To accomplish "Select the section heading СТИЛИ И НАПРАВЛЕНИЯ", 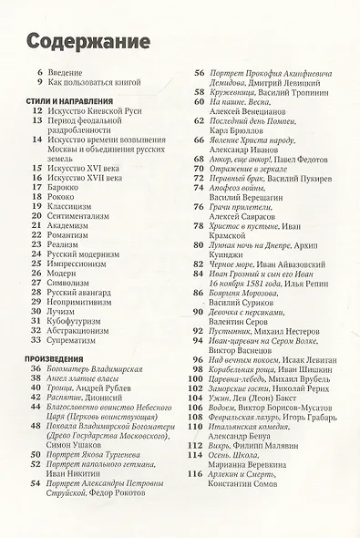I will pos(69,100).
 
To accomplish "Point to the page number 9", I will pos(40,83).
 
